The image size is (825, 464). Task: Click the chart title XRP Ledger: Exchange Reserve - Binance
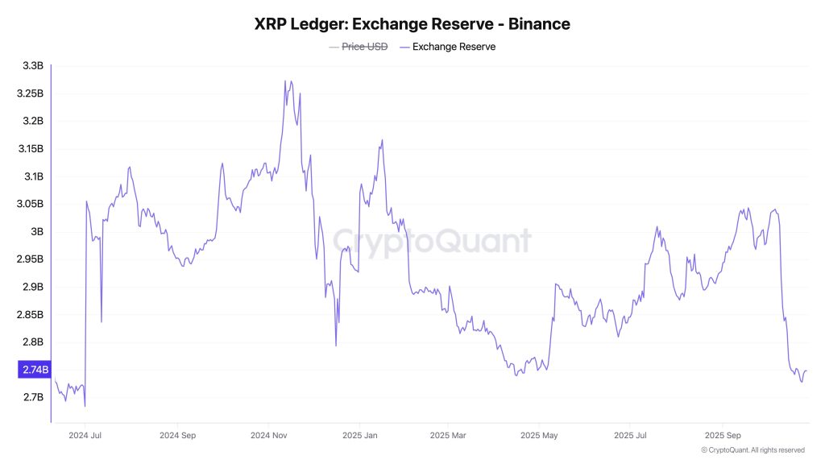(412, 24)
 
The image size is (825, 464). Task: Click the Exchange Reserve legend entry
(454, 47)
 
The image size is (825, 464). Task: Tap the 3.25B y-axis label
(30, 93)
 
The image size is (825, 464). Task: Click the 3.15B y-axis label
(30, 149)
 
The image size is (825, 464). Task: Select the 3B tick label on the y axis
(37, 232)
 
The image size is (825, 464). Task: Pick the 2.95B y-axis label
(30, 259)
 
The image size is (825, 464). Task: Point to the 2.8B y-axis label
(32, 342)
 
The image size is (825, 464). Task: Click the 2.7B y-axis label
(32, 398)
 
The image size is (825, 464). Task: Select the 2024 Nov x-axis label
(270, 436)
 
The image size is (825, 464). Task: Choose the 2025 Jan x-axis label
(361, 436)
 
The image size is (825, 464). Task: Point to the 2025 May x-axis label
(539, 436)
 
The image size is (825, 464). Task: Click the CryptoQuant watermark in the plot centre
(432, 241)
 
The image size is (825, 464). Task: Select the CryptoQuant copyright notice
(752, 450)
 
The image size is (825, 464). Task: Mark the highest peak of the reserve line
(286, 81)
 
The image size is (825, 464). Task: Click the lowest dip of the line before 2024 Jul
(85, 406)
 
